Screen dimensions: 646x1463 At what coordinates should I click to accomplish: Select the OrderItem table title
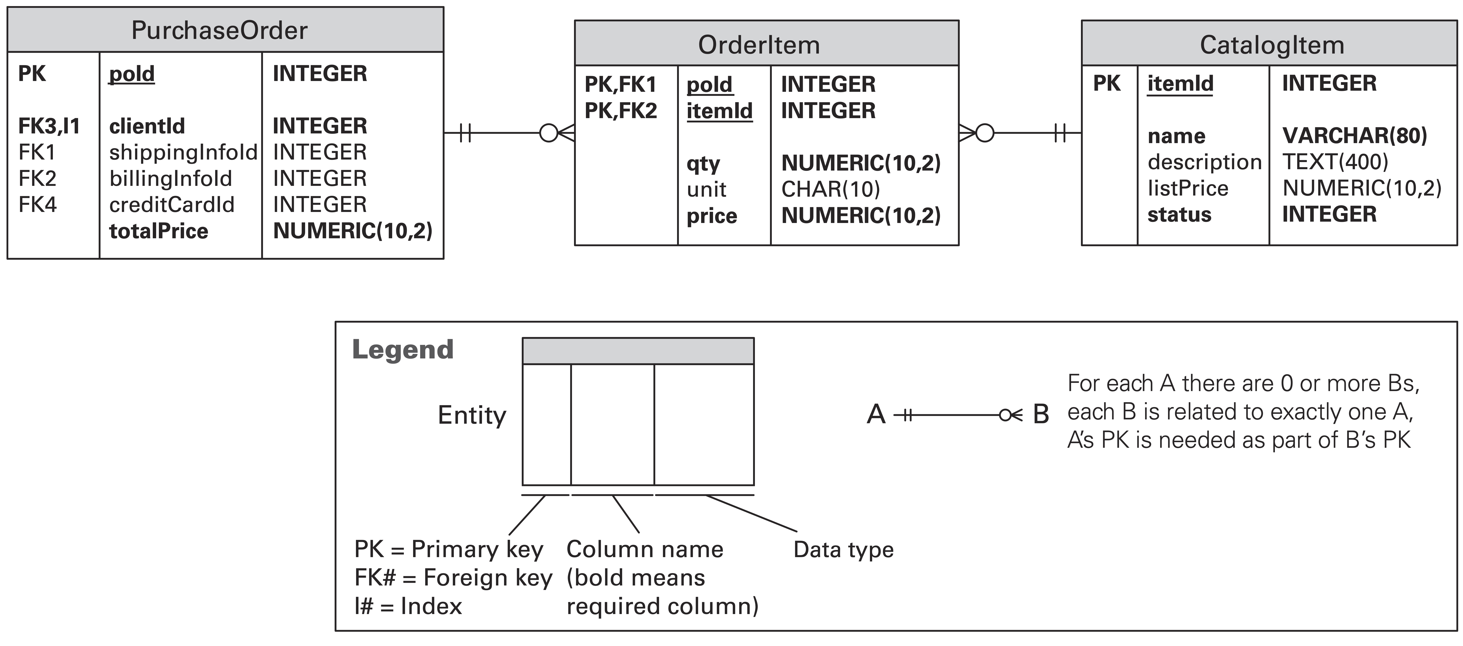[x=759, y=45]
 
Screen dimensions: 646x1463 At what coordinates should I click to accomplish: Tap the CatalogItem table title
[x=1272, y=45]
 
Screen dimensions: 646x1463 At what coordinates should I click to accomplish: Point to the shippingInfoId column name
[x=183, y=152]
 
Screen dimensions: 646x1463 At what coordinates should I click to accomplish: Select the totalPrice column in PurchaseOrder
[x=158, y=231]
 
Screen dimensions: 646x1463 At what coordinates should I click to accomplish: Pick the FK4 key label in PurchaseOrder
[x=38, y=205]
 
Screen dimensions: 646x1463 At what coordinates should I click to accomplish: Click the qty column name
[x=703, y=164]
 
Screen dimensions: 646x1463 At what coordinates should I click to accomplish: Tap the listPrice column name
[x=1188, y=188]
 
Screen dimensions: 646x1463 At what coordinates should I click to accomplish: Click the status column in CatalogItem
[x=1179, y=215]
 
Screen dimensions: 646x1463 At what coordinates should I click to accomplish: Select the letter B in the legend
[x=1040, y=414]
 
